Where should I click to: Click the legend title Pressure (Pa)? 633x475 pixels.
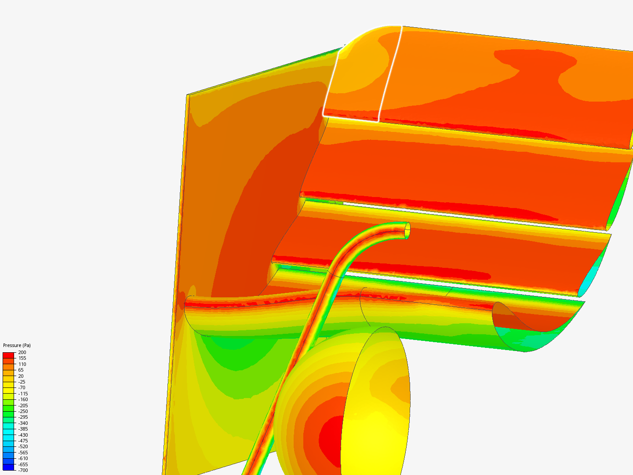(x=17, y=345)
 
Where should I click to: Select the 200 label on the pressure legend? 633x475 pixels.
(x=22, y=352)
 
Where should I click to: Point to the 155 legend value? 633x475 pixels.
(x=22, y=358)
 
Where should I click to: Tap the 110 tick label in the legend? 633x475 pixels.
(x=22, y=364)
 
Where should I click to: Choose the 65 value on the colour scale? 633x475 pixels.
(x=21, y=370)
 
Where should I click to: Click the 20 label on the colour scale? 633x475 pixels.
(x=21, y=376)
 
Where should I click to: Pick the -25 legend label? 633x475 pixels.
(x=22, y=382)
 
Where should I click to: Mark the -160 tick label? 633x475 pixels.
(x=23, y=399)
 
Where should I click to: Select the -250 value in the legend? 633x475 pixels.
(x=23, y=411)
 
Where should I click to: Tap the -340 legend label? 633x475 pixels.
(x=23, y=423)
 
